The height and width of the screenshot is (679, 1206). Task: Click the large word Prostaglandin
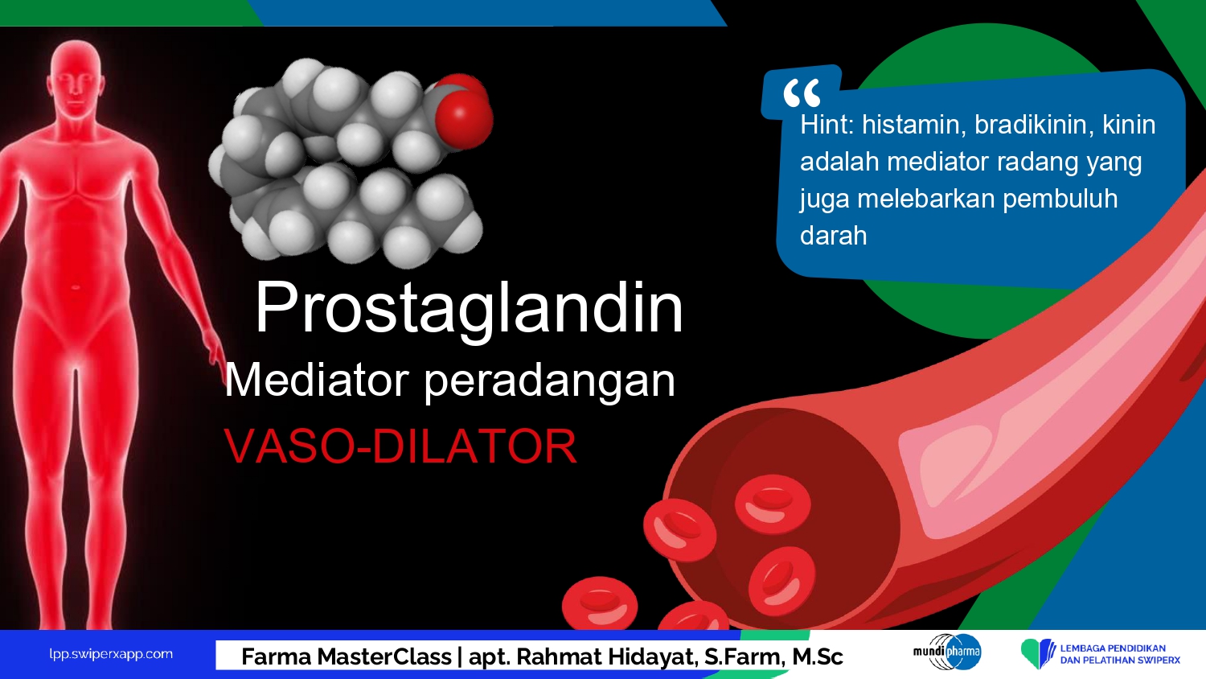click(469, 310)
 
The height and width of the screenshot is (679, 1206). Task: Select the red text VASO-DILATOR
click(400, 446)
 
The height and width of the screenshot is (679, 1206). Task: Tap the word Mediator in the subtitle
click(317, 381)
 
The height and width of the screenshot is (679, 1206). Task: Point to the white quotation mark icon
click(802, 93)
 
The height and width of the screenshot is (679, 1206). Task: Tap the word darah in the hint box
click(834, 236)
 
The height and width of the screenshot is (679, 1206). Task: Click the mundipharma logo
click(947, 652)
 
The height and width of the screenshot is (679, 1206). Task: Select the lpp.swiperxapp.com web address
click(111, 654)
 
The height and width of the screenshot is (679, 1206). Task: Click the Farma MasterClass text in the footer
click(347, 657)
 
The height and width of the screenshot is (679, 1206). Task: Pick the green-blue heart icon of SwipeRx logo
click(1037, 653)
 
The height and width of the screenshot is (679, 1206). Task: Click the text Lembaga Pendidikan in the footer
click(1113, 648)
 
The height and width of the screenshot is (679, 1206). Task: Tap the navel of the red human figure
click(76, 288)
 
